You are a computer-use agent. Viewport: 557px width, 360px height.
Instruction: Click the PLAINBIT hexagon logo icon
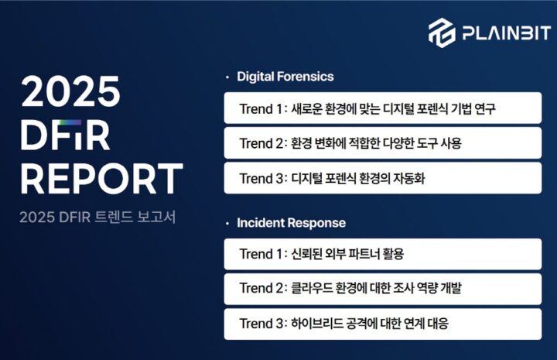coord(442,33)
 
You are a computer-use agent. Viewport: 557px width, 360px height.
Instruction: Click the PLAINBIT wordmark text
coord(507,33)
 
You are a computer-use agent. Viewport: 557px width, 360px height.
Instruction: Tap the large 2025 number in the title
coord(70,91)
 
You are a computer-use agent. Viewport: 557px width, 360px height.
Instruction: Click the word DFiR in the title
coord(65,135)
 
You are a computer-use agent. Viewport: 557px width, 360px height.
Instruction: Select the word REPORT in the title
coord(102,178)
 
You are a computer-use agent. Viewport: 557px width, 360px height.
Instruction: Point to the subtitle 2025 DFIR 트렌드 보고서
coord(97,217)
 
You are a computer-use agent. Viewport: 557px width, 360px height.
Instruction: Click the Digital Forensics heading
coord(285,77)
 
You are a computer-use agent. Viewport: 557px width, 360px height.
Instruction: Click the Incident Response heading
coord(292,223)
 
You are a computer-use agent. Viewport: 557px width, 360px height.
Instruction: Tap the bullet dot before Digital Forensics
coord(227,77)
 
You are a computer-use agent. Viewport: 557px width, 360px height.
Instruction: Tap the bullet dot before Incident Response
coord(227,224)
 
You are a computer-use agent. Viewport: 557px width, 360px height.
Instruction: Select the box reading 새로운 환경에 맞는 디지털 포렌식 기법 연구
coord(383,108)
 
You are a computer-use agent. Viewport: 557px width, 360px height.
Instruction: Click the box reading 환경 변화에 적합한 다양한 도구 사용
coord(383,143)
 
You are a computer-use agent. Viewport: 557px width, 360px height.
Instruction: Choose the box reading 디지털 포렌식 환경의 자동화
coord(383,178)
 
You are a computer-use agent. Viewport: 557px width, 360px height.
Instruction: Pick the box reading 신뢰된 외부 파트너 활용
coord(383,254)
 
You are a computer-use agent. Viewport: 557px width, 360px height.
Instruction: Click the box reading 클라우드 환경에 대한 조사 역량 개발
coord(383,289)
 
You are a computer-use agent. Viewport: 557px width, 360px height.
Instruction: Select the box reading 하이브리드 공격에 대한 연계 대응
coord(383,324)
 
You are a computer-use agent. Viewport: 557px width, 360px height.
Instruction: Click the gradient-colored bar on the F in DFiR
coord(70,122)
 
